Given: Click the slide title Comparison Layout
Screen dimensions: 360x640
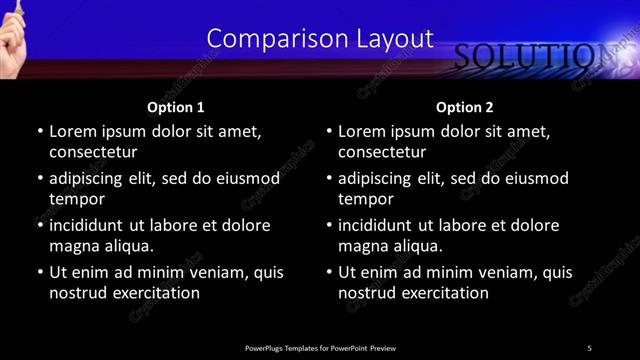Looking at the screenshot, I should tap(320, 38).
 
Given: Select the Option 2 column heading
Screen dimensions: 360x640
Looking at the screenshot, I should tap(464, 107).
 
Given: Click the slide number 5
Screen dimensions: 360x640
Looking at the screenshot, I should tap(589, 347).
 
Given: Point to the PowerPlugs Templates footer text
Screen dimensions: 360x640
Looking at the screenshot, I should tap(320, 347).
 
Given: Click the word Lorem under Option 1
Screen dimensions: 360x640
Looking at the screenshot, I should tap(71, 131).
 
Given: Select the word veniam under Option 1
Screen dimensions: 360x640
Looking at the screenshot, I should tap(213, 272).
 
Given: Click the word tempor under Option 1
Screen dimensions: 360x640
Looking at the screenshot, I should tap(76, 199).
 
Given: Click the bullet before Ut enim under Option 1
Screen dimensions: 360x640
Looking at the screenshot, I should tap(39, 272).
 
